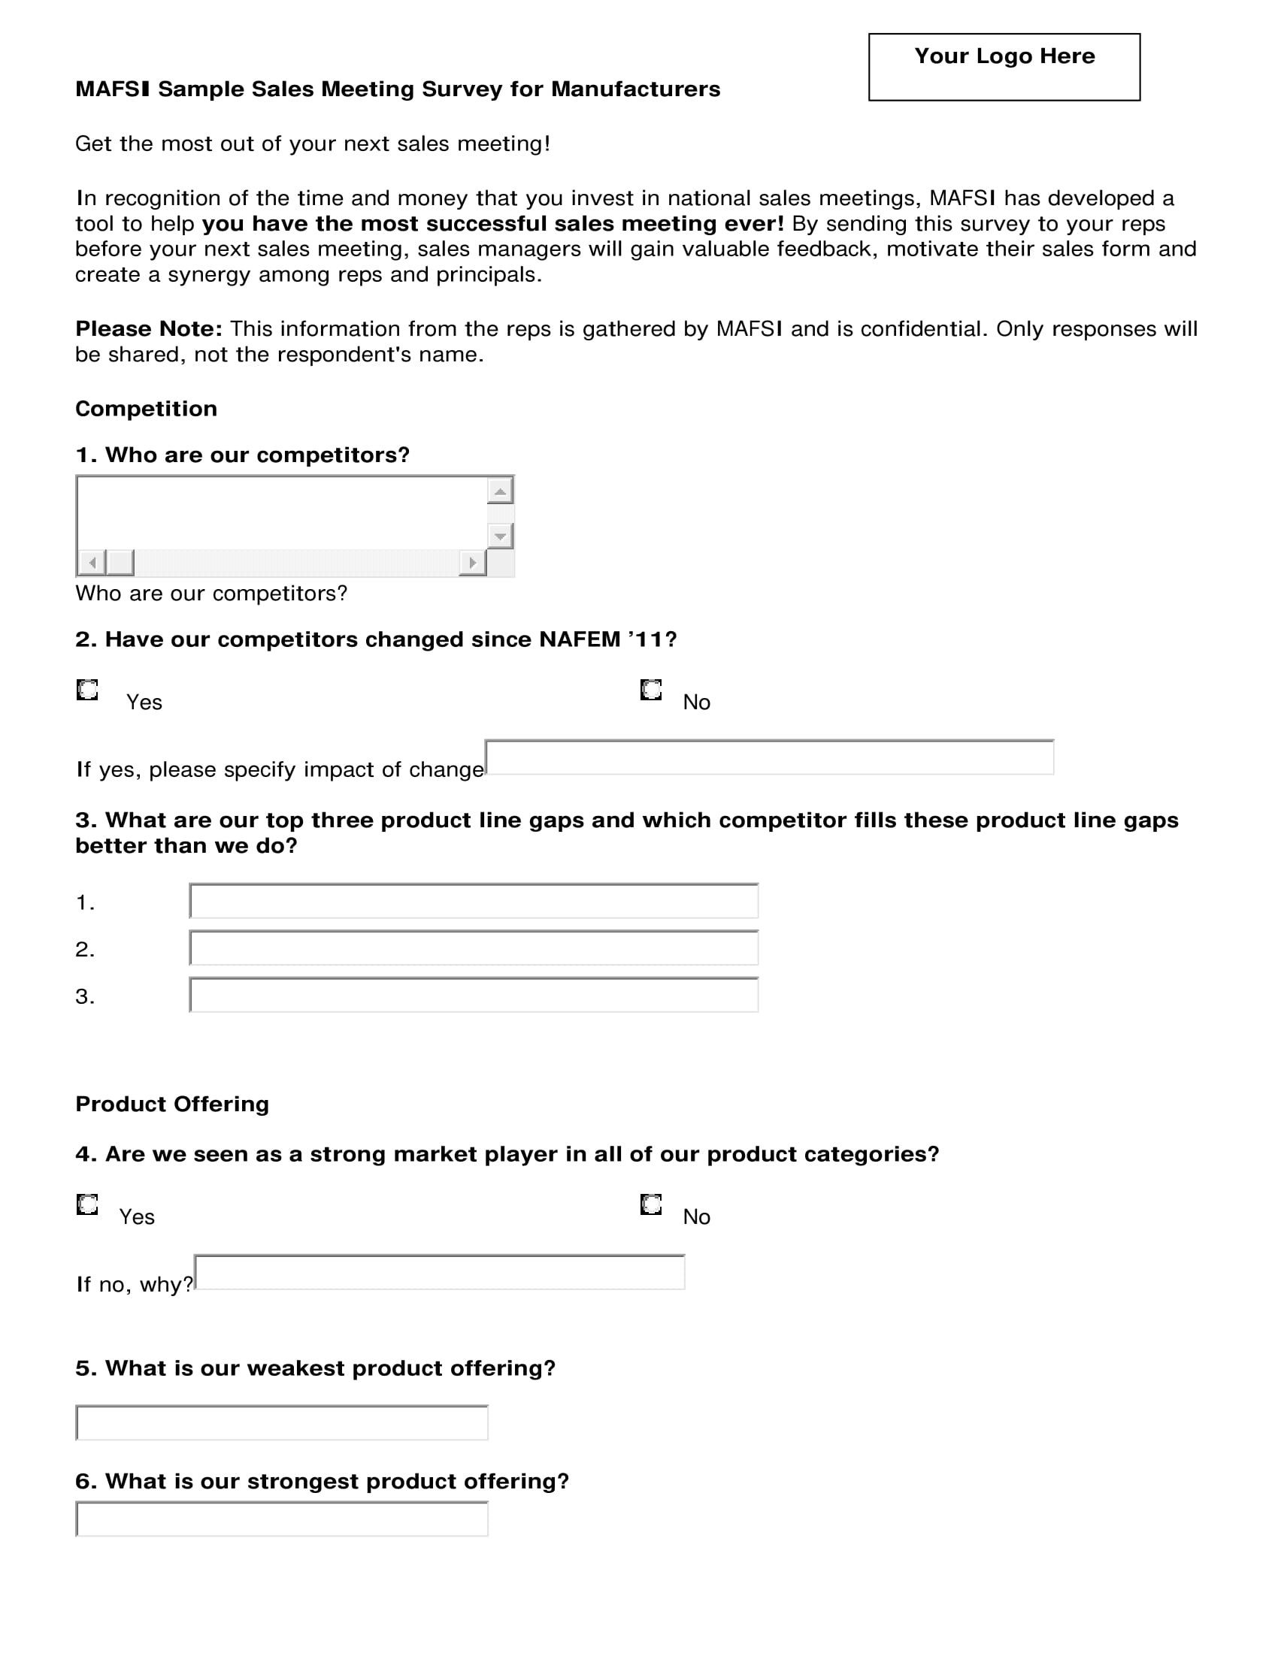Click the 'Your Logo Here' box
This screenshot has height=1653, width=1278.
point(1004,67)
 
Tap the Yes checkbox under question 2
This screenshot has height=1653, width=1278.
point(88,690)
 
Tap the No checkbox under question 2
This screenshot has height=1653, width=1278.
point(651,690)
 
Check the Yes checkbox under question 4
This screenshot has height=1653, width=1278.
point(88,1204)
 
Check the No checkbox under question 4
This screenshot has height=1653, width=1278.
point(651,1204)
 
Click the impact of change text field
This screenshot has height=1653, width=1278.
point(769,757)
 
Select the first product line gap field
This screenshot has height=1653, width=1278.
point(474,902)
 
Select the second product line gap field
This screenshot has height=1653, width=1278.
point(474,948)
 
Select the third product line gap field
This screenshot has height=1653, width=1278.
point(474,996)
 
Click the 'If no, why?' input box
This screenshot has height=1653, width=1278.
point(440,1272)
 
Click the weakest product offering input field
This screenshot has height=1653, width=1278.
point(283,1423)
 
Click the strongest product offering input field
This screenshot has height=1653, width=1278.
point(283,1519)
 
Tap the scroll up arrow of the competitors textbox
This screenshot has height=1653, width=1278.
point(500,491)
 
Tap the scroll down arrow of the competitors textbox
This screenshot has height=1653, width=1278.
point(500,536)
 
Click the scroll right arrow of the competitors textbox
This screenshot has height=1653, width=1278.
point(472,562)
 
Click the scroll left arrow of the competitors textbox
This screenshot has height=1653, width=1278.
point(92,562)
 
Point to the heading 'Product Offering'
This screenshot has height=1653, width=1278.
point(172,1105)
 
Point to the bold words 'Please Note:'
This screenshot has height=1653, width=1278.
point(148,329)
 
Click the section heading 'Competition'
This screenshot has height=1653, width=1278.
point(146,409)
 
